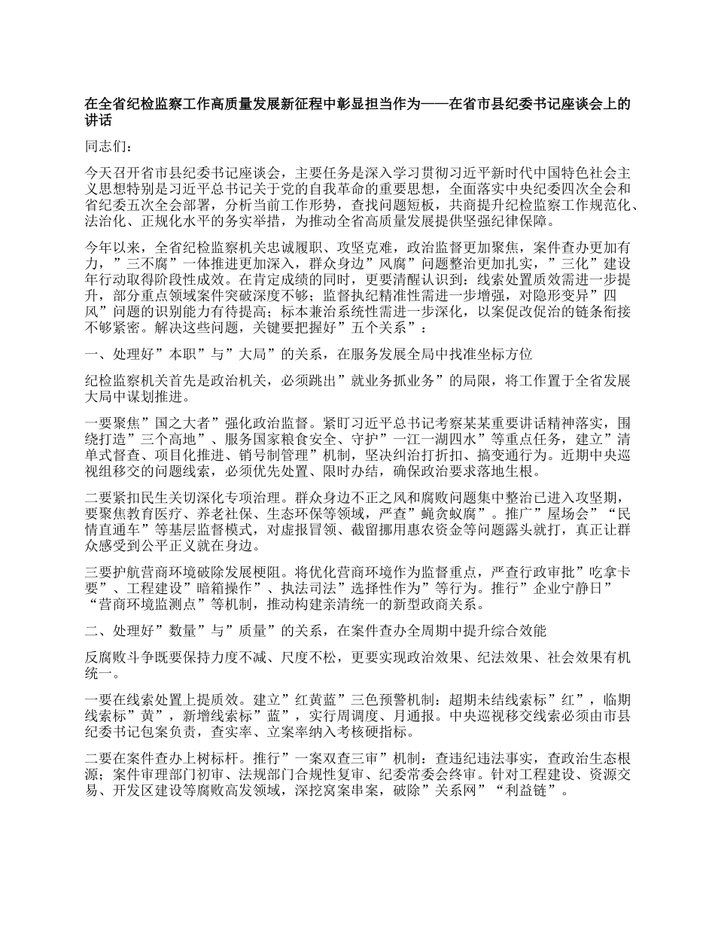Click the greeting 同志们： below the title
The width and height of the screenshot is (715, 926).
pos(109,147)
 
